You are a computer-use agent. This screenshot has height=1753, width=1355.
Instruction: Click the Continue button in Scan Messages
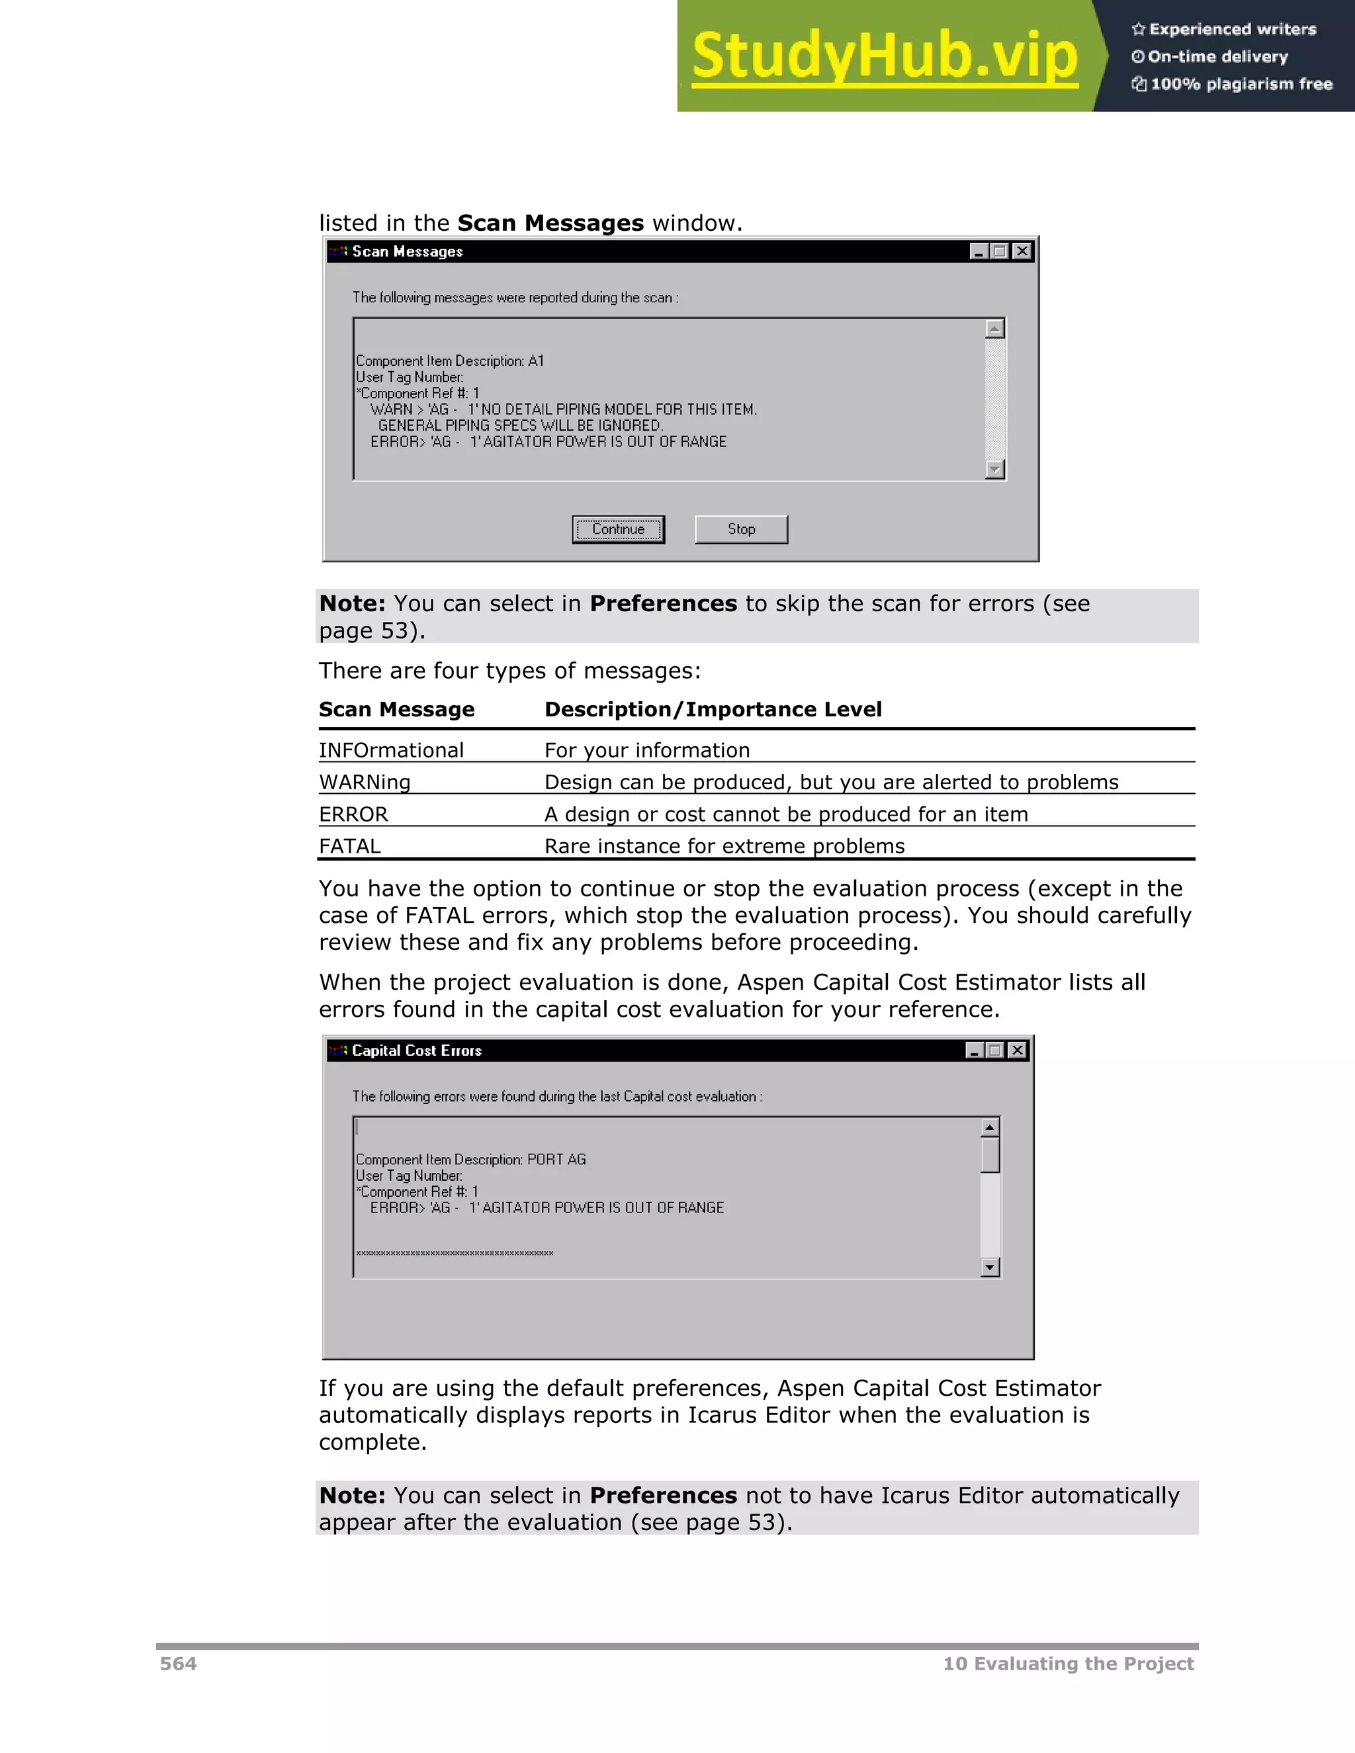pyautogui.click(x=618, y=529)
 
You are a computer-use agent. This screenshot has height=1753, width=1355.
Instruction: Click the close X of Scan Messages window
pyautogui.click(x=1021, y=251)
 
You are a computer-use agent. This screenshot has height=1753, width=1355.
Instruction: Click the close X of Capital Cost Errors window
pyautogui.click(x=1017, y=1050)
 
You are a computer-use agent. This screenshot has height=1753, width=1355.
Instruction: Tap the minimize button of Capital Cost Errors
pyautogui.click(x=975, y=1050)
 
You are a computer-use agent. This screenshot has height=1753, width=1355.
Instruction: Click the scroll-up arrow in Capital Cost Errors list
pyautogui.click(x=990, y=1128)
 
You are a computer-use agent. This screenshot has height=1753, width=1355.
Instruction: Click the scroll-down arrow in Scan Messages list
pyautogui.click(x=994, y=470)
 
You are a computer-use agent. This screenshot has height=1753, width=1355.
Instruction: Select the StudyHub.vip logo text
pyautogui.click(x=884, y=56)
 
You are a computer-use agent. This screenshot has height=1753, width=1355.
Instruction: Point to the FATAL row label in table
pyautogui.click(x=350, y=846)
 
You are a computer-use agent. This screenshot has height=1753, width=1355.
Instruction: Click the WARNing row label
pyautogui.click(x=365, y=782)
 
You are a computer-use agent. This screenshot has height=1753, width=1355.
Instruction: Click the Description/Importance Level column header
pyautogui.click(x=713, y=710)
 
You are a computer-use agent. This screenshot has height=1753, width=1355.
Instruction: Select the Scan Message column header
pyautogui.click(x=396, y=710)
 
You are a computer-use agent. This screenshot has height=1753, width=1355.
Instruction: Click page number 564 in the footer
pyautogui.click(x=178, y=1663)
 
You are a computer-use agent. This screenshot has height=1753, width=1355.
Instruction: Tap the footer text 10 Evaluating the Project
pyautogui.click(x=1068, y=1663)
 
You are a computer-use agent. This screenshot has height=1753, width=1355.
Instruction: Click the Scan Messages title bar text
pyautogui.click(x=407, y=251)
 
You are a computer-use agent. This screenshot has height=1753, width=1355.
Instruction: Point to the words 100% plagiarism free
pyautogui.click(x=1241, y=83)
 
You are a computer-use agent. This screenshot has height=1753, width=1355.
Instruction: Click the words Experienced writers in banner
pyautogui.click(x=1232, y=29)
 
